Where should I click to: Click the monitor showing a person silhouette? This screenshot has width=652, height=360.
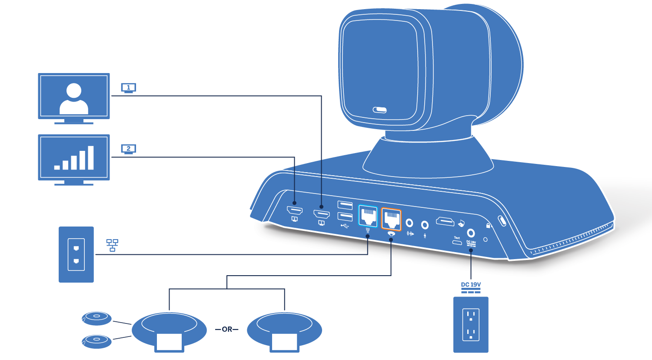74,97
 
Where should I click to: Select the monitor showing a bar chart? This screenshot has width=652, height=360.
74,158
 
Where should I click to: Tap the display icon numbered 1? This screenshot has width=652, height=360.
128,88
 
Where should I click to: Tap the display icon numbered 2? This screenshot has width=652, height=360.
128,149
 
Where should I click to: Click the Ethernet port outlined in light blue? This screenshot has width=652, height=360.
368,216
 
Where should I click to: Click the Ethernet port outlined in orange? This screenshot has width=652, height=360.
391,219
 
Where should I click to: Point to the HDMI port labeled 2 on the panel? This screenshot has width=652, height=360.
295,210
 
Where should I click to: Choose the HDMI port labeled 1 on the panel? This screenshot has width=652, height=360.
322,214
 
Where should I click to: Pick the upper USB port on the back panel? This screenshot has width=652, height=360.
345,205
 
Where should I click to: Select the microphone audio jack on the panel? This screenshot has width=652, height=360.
425,225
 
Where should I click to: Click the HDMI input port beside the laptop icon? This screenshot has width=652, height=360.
445,222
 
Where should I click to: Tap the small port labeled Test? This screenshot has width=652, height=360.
457,243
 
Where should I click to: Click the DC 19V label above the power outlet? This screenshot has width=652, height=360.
471,285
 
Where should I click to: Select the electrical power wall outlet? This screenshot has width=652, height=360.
471,324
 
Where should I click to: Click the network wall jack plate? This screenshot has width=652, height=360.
76,254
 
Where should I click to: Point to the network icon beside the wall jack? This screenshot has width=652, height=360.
112,245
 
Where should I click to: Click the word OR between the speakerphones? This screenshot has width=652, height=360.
227,330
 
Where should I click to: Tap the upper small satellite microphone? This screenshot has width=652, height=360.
96,318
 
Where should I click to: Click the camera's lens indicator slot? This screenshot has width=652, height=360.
379,110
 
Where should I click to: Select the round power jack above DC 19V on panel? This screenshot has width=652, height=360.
471,233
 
